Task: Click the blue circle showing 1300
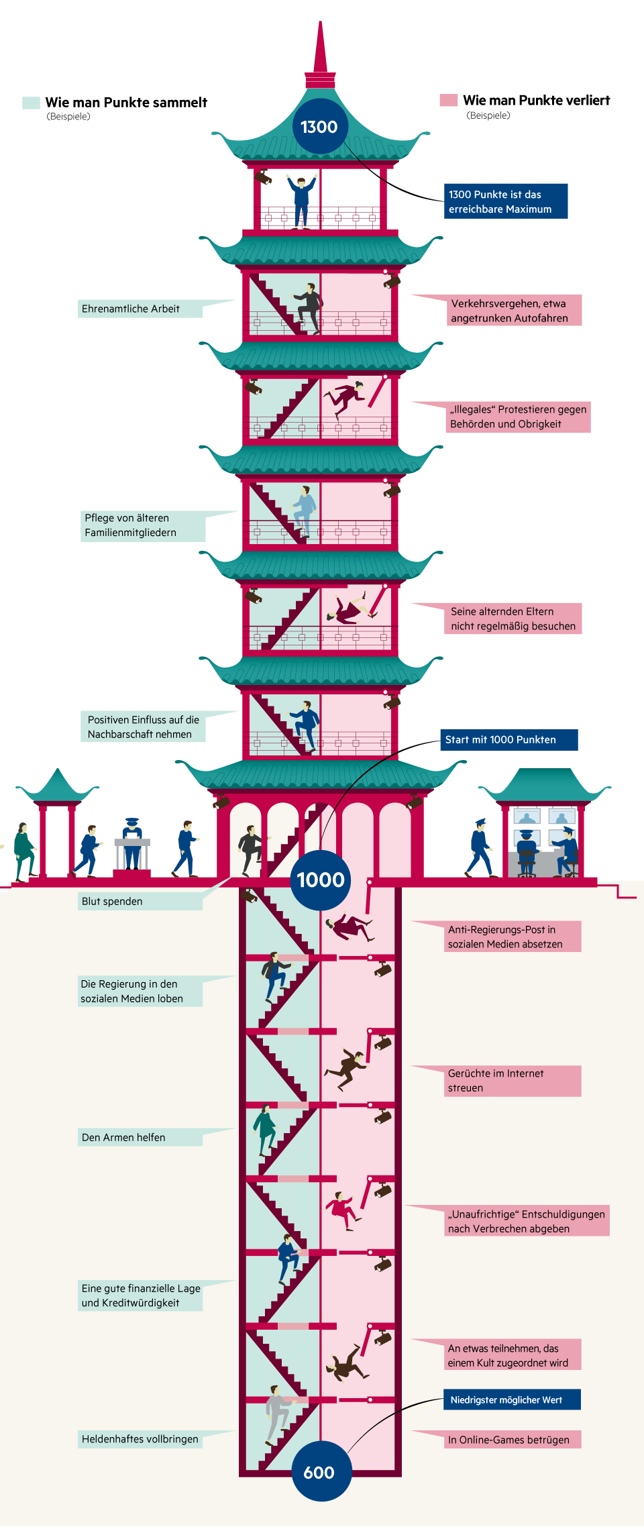coord(319,127)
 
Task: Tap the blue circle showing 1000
coord(321,880)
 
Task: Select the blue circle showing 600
coord(320,1472)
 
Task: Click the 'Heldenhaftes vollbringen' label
coord(140,1439)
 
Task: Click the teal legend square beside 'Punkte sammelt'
coord(31,103)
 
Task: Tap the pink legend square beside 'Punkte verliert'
coord(448,101)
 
